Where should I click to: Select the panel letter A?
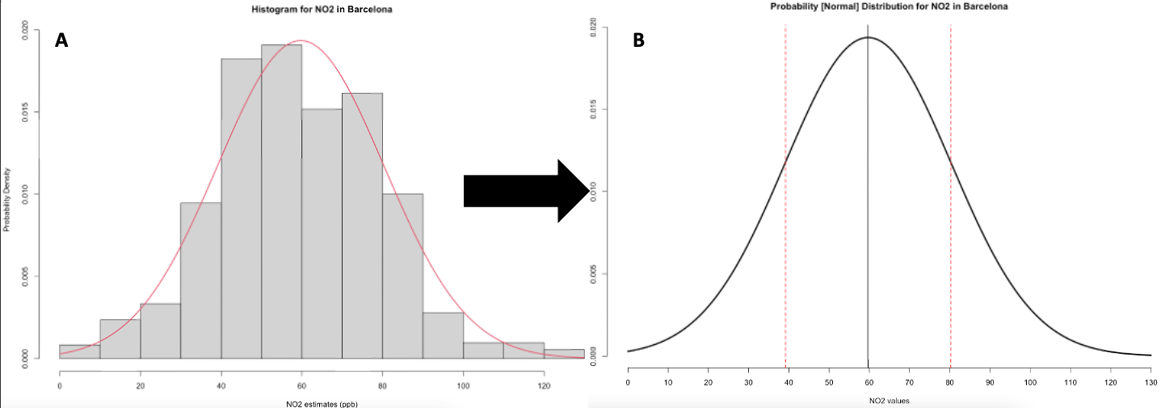61,40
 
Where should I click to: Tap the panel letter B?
638,40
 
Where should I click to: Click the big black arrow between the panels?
526,190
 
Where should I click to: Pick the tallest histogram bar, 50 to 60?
281,202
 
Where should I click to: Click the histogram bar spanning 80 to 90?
402,275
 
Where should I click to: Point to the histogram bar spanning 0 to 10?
80,351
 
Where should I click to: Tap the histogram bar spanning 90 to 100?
443,334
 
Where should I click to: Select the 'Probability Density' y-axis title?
7,199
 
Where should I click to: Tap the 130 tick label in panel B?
1150,381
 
